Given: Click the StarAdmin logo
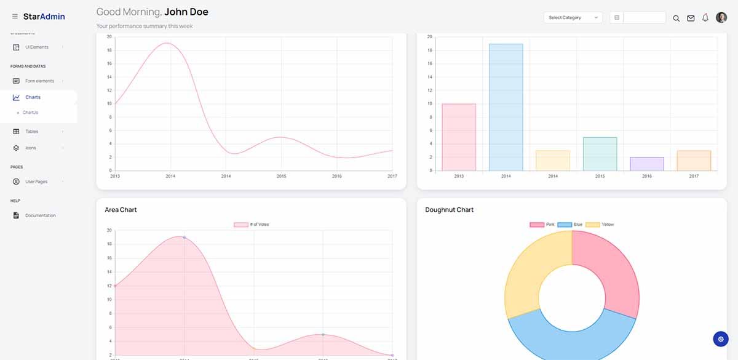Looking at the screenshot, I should (44, 17).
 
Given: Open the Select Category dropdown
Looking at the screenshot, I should (573, 18).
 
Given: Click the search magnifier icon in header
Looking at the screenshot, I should (676, 18).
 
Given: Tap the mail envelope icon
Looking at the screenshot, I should (691, 18).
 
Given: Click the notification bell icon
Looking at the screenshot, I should (705, 18).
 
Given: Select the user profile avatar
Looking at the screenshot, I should (721, 18).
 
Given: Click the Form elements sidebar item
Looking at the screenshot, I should (39, 81).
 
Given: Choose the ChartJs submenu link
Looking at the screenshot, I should (30, 113).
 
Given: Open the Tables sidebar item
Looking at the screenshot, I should (31, 131).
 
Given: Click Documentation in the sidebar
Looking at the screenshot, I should (40, 215).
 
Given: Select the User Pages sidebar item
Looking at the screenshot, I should (36, 182).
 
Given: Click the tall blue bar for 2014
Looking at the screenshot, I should (506, 107).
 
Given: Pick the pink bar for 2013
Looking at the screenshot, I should (459, 137).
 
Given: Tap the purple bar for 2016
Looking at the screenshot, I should (646, 164).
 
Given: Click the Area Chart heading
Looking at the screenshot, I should (121, 210).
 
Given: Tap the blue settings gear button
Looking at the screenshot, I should (721, 338).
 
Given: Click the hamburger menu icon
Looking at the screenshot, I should (15, 17).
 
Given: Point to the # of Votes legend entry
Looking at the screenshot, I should (252, 225).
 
